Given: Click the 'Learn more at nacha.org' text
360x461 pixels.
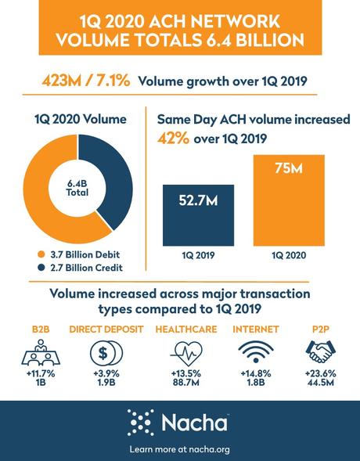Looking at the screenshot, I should pos(179,448).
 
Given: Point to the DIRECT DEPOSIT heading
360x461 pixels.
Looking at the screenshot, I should pos(106,329).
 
